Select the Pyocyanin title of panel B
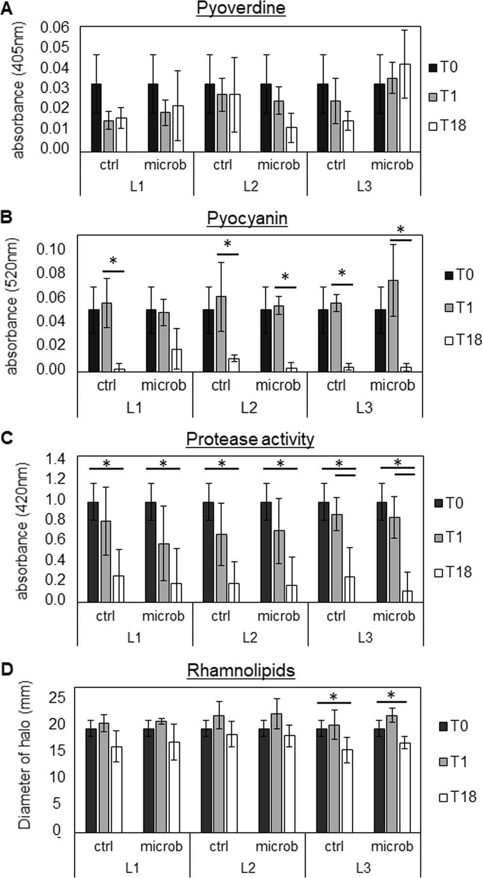pos(247,218)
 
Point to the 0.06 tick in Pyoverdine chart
pos(55,27)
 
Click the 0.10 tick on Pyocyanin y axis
pos(51,249)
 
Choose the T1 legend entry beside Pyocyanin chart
pos(459,307)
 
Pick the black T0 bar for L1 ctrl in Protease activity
pos(93,552)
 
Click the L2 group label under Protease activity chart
pos(250,637)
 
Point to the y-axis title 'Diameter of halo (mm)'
pos(25,758)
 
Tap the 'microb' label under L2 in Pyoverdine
pos(279,165)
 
